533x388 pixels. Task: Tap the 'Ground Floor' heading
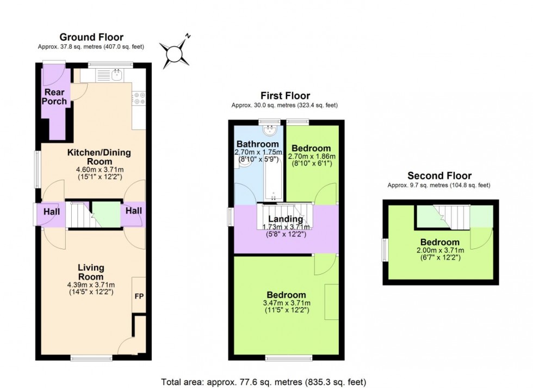(x=91, y=37)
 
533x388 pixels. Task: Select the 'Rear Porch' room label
(x=56, y=96)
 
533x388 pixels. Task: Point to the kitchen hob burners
(x=138, y=98)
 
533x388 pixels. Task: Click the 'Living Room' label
(x=91, y=272)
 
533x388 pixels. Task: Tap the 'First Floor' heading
(x=286, y=96)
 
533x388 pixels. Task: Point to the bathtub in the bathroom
(x=271, y=180)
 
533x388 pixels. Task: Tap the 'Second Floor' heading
(x=439, y=175)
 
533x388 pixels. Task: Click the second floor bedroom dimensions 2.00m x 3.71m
(x=439, y=251)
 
